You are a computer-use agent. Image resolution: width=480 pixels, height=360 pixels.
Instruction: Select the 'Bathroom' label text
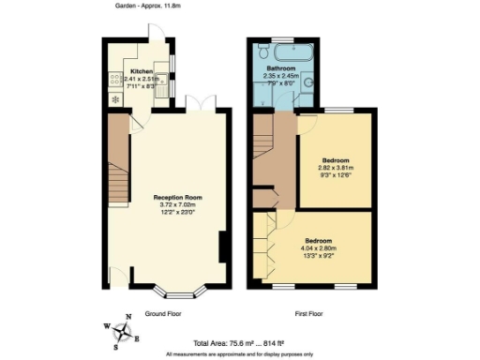click(281, 69)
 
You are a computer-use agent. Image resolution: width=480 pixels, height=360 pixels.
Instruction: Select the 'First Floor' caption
click(312, 314)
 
